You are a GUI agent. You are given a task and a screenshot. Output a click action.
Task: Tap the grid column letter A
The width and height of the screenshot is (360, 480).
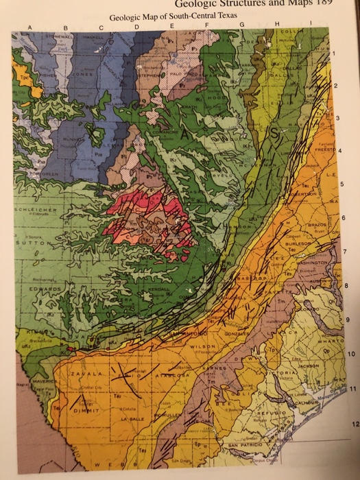[x=29, y=27]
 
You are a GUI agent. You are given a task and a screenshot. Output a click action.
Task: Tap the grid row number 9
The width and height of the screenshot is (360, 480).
[x=348, y=318]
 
